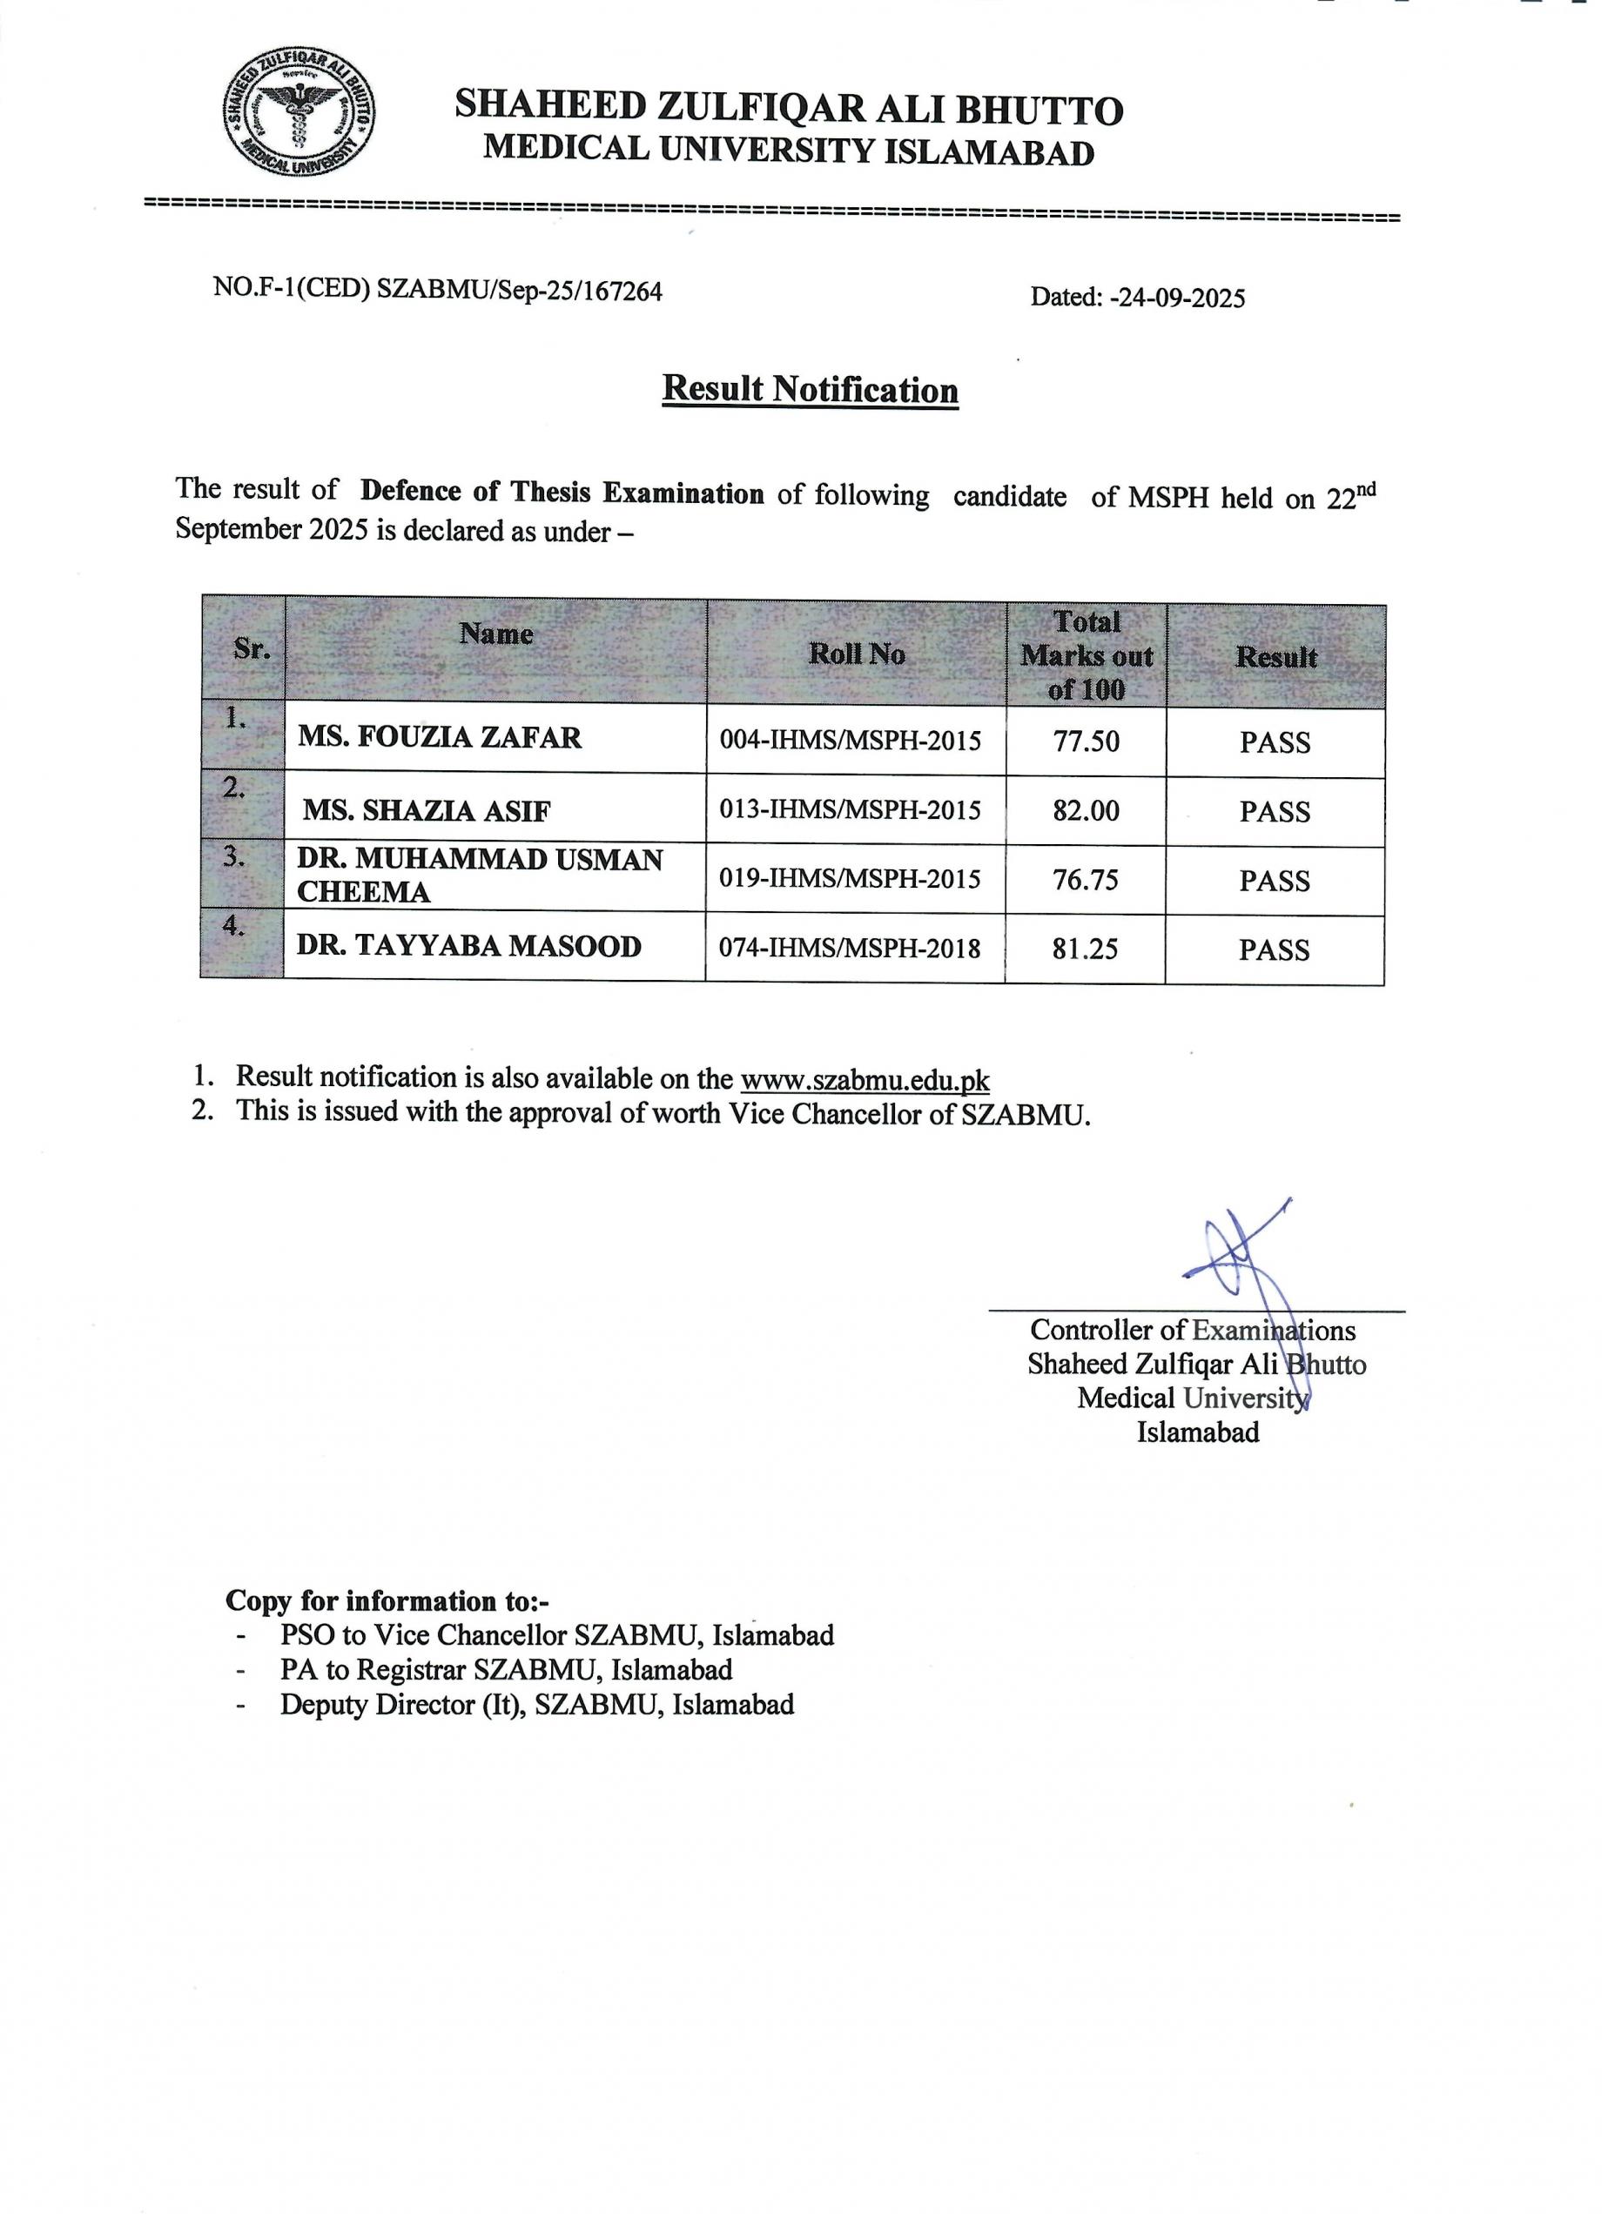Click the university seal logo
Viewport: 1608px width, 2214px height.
(299, 114)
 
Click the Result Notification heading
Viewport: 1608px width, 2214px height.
(810, 390)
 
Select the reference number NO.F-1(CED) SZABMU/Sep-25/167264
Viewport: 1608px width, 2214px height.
(437, 290)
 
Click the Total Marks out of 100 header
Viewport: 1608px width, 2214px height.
(1087, 655)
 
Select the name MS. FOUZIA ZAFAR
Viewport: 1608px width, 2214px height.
(440, 737)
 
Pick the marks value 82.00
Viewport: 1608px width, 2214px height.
(1086, 810)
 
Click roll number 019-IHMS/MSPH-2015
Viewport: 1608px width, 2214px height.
(850, 879)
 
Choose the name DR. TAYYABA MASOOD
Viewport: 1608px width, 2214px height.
(468, 946)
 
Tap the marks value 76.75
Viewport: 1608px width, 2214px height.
(1086, 880)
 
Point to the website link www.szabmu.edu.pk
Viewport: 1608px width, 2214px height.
(865, 1081)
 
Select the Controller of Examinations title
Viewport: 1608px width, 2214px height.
(1192, 1331)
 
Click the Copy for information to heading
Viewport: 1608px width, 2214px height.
(387, 1601)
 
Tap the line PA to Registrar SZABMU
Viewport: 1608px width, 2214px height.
(506, 1670)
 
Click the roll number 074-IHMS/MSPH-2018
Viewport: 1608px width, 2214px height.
(850, 948)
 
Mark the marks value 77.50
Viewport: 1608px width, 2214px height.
(1086, 741)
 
